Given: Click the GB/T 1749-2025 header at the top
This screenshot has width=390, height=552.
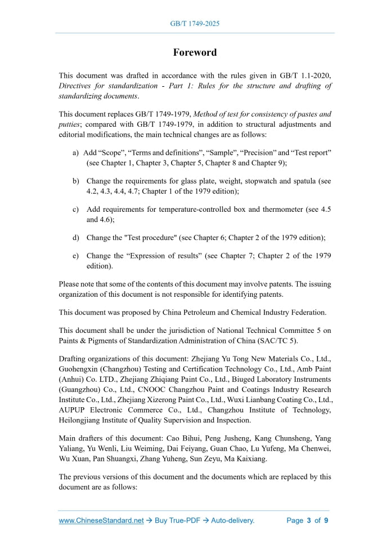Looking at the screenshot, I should tap(195, 24).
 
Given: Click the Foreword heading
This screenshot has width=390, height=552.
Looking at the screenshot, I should tap(195, 52).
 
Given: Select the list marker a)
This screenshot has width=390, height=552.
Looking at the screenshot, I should tap(75, 153).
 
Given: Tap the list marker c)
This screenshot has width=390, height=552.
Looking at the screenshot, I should tap(75, 210).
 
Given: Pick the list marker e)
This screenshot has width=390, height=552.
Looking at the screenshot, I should tap(75, 256).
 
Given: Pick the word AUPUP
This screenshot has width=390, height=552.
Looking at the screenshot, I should tap(72, 410).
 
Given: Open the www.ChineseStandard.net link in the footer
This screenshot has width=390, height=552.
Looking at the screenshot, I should tap(101, 520).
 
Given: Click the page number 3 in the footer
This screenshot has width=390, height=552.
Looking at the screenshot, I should tap(308, 520).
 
